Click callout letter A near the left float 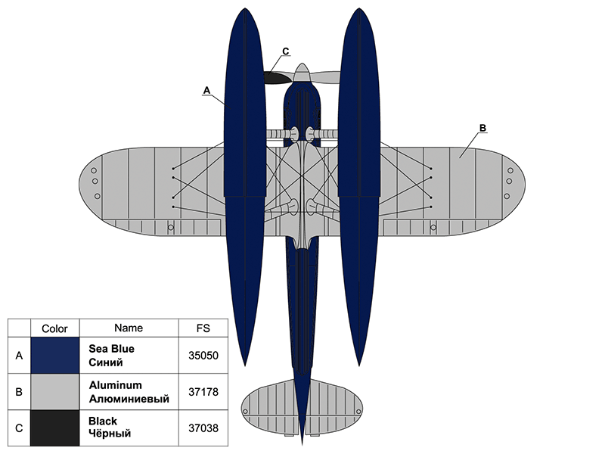pos(206,89)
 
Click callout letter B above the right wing pos(483,126)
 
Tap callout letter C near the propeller pos(285,51)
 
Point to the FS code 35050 pos(203,355)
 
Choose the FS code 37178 pos(203,391)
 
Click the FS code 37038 pos(203,428)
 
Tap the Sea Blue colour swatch pos(54,355)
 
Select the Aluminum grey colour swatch pos(54,391)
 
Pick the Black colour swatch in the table pos(54,428)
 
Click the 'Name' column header pos(129,328)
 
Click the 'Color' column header pos(54,328)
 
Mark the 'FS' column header pos(203,328)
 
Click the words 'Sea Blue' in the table pos(111,349)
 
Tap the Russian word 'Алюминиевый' pos(129,398)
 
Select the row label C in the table pos(19,428)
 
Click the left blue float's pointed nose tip pos(244,10)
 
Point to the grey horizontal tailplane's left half pos(268,409)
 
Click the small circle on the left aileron pos(171,227)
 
